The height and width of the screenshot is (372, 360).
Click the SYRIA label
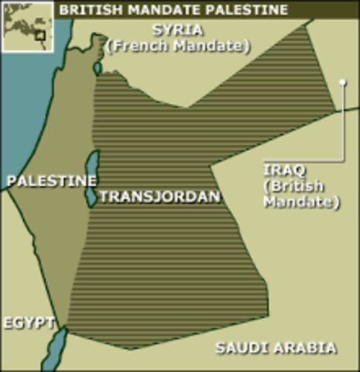pos(180,31)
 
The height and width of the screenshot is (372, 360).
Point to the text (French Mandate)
pos(180,46)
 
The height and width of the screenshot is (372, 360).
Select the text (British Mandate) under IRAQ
pos(301,195)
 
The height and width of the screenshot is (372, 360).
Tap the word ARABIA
pos(307,347)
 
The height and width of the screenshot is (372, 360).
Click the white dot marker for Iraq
pos(342,81)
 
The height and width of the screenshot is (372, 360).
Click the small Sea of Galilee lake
pos(98,68)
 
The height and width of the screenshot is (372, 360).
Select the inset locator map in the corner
pos(27,27)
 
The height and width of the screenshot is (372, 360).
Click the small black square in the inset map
pos(39,35)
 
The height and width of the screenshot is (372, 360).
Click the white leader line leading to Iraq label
pos(342,124)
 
